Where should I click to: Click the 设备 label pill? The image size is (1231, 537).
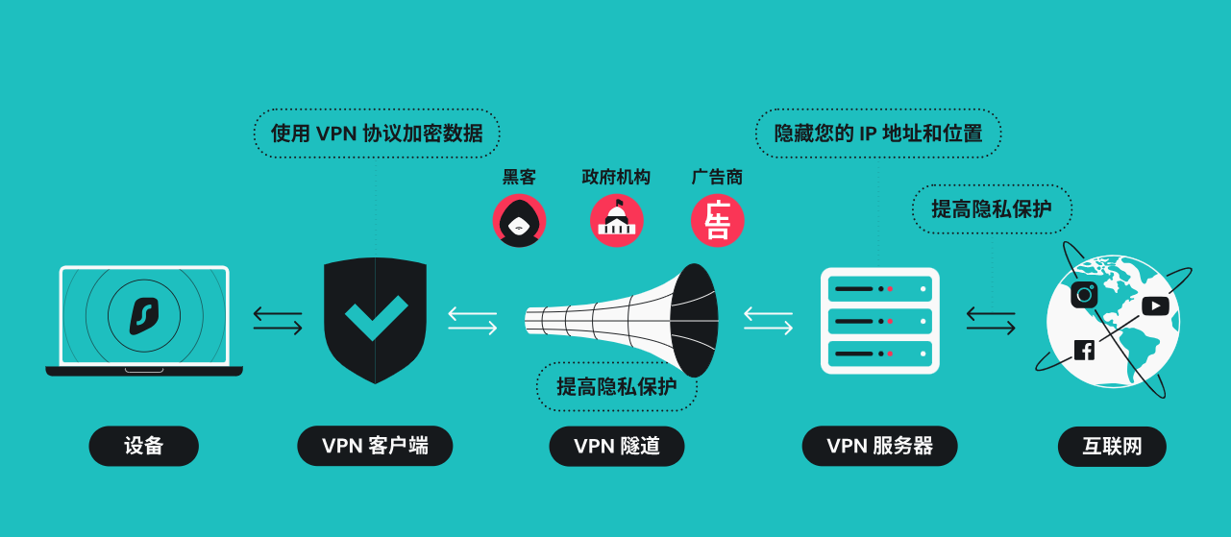pos(143,446)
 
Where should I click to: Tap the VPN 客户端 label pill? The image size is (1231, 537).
pos(375,446)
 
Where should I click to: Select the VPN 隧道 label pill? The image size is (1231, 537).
pos(617,446)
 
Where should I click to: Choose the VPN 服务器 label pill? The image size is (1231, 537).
pos(879,446)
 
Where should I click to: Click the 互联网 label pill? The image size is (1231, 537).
pos(1112,447)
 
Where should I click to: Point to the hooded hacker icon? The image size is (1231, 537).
pos(519,221)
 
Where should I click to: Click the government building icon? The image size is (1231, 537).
pos(616,221)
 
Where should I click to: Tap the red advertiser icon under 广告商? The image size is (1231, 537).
pos(717,221)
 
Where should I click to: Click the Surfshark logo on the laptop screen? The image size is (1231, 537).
pos(143,314)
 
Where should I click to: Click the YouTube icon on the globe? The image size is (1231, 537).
pos(1155,305)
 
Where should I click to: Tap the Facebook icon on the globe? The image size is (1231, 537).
pos(1084,350)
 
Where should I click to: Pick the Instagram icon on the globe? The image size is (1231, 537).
pos(1084,294)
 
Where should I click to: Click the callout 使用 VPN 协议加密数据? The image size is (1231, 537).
pos(377,133)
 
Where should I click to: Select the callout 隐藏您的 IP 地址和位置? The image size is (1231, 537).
pos(878,133)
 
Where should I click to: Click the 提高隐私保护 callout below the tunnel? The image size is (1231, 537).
pos(616,386)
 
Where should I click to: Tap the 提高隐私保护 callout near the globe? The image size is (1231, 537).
pos(991,208)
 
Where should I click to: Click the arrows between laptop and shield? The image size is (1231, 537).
pos(278,320)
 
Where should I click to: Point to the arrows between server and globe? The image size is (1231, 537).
pos(991,320)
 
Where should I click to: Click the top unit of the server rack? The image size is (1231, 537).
pos(879,288)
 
